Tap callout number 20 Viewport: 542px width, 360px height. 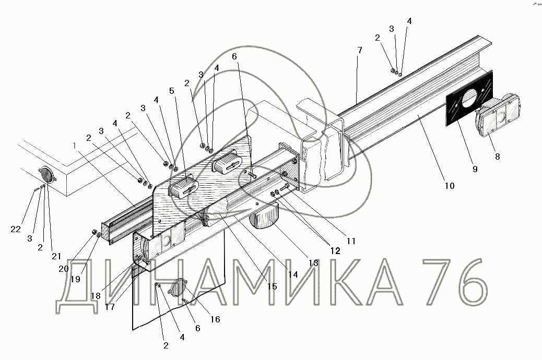64,269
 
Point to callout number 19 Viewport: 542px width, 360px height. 75,279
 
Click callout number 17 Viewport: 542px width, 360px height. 109,307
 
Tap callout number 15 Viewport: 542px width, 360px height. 272,286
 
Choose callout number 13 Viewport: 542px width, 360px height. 313,264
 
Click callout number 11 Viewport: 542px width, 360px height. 350,242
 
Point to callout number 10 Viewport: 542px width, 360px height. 449,185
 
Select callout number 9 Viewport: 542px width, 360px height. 474,169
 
